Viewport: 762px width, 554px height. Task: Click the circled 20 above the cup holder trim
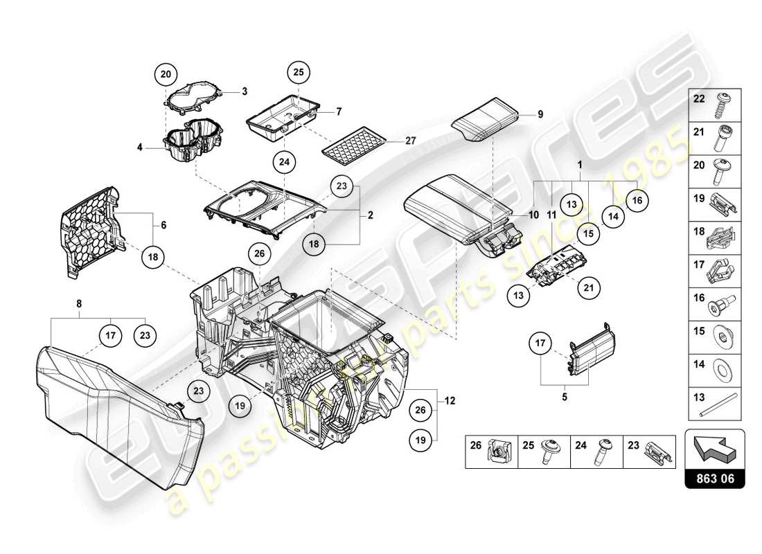click(x=166, y=73)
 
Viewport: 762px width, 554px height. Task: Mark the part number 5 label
click(x=564, y=397)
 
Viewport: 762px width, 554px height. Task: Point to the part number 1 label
click(x=579, y=166)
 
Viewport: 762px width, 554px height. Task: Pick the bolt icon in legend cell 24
click(x=599, y=453)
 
